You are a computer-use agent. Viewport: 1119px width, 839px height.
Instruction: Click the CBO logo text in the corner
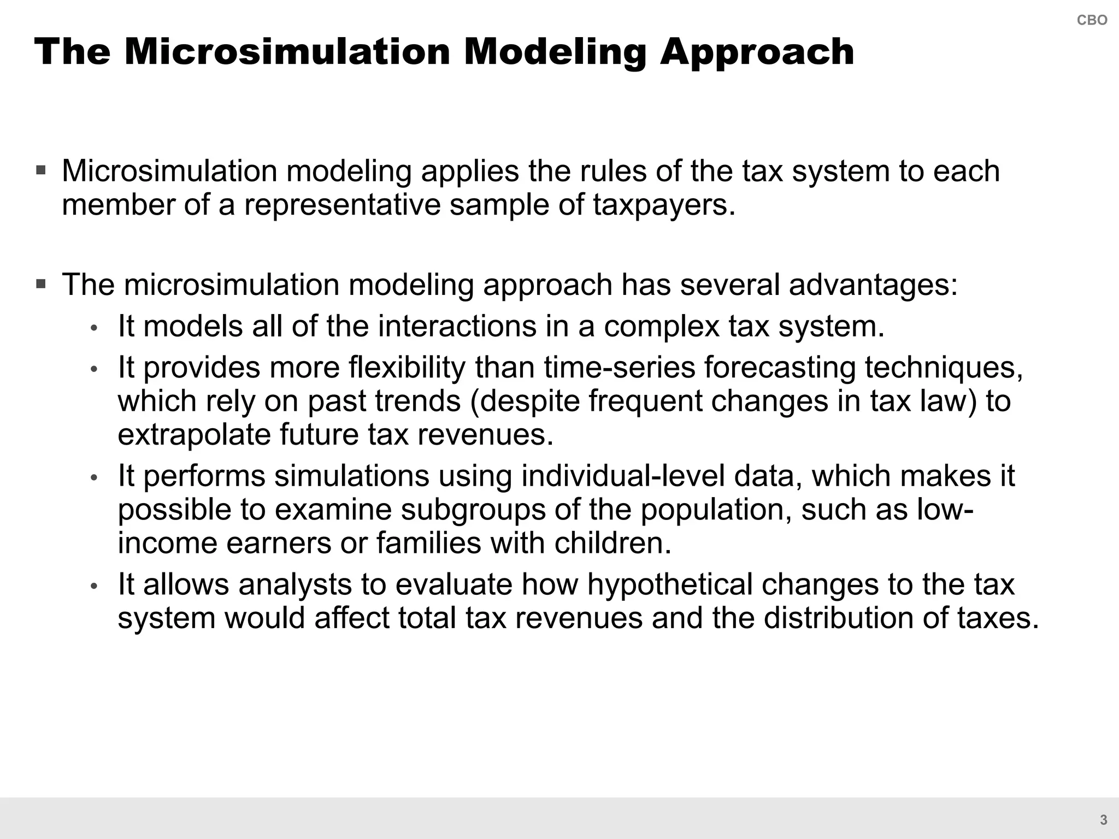point(1092,20)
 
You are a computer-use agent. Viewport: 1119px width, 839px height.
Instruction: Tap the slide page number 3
point(1104,820)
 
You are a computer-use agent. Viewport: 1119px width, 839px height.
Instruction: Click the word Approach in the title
point(757,52)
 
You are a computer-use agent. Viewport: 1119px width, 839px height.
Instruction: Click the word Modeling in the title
point(555,52)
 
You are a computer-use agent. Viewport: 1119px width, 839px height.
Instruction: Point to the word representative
point(342,205)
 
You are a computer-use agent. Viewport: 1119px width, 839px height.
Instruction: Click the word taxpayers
point(664,205)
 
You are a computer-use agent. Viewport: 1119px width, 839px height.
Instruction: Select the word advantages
point(873,285)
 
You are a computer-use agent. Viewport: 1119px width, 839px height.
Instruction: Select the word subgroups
point(473,510)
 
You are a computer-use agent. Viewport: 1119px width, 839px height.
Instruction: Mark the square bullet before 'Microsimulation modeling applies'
point(41,170)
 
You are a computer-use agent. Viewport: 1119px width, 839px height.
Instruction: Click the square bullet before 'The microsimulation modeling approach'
point(41,284)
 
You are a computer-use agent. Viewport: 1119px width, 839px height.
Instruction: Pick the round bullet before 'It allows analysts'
point(94,586)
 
